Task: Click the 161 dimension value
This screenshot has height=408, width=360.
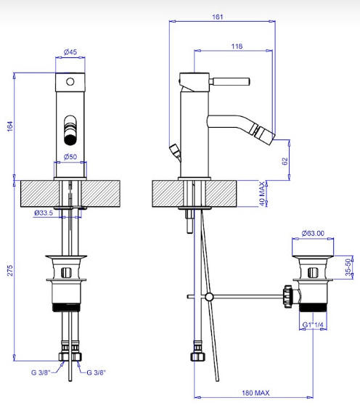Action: (x=218, y=17)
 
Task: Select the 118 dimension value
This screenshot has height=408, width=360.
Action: (x=237, y=46)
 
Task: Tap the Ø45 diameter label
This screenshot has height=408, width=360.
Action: (x=70, y=52)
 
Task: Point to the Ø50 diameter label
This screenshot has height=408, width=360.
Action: (x=70, y=157)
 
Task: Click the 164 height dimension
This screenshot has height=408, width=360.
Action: (x=9, y=126)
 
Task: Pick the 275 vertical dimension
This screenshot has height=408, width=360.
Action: (x=9, y=271)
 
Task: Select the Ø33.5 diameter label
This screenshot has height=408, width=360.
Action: (x=44, y=213)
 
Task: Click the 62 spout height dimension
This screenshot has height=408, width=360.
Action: (x=285, y=161)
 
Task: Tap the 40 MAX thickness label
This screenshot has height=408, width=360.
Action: (x=262, y=194)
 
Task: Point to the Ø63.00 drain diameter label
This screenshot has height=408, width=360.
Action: (x=313, y=233)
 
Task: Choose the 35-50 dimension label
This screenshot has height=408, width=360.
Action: (x=348, y=267)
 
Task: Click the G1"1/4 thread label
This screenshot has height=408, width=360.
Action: (x=313, y=325)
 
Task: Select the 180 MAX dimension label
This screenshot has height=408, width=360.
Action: (x=255, y=393)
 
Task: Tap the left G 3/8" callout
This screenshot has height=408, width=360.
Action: (x=41, y=372)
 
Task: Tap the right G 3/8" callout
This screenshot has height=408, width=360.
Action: (x=97, y=372)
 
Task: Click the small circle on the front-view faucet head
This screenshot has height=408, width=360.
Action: (x=70, y=82)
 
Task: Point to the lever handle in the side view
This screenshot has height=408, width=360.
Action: (x=229, y=81)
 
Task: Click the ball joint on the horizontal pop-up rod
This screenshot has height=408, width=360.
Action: (x=209, y=297)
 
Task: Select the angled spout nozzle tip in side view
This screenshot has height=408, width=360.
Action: (x=264, y=134)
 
